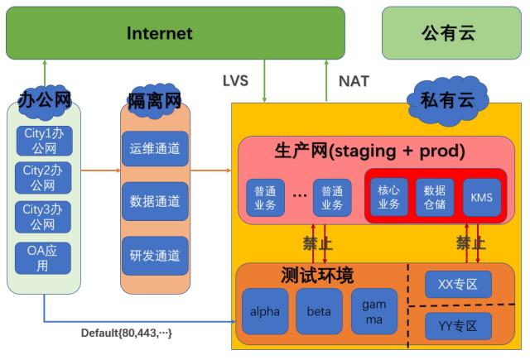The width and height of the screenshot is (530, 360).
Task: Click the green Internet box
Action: tap(159, 33)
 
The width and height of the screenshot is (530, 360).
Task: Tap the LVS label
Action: tap(235, 81)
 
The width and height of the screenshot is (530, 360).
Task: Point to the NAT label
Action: tap(354, 81)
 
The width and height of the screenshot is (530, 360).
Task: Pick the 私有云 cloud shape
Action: tap(446, 101)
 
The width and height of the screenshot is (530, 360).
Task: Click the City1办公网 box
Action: tap(43, 140)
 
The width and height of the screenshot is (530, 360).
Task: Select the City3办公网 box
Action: tap(43, 217)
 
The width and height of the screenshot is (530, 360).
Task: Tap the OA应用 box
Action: tap(43, 257)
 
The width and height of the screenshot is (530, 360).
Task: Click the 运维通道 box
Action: tap(155, 149)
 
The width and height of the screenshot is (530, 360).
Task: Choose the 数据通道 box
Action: tap(155, 201)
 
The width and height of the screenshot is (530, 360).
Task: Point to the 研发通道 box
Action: tap(155, 255)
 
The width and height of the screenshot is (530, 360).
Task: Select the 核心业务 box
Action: tap(388, 196)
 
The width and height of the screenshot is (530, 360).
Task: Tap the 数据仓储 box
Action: tap(436, 196)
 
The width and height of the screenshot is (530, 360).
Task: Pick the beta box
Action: tap(319, 312)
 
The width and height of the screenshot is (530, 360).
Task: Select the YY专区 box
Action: tap(458, 325)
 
